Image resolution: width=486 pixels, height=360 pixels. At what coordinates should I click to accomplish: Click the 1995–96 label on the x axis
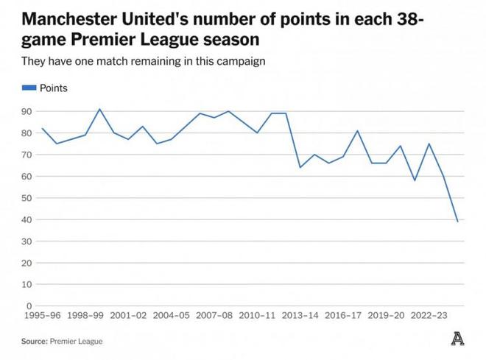coord(41,316)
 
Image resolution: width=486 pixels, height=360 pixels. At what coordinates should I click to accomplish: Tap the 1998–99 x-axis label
coord(85,316)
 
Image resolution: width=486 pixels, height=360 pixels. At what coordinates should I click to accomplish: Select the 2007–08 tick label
coord(214,316)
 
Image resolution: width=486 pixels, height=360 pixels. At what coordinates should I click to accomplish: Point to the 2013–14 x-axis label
coord(300,316)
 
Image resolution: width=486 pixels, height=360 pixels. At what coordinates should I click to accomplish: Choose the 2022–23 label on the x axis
coord(430,316)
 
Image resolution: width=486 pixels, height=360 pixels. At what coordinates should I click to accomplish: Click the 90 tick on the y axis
coord(27,111)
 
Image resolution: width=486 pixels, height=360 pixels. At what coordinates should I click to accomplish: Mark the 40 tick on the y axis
coord(27,219)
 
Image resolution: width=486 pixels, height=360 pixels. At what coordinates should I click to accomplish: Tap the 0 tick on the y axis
coord(29,306)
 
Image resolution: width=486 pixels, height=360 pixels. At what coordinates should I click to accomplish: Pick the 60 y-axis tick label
coord(27,176)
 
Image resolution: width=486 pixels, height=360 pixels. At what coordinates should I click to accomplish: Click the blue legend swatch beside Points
coord(29,88)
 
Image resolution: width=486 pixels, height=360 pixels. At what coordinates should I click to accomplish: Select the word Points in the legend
coord(53,88)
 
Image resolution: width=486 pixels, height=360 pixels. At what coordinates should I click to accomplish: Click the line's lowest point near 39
coord(458,222)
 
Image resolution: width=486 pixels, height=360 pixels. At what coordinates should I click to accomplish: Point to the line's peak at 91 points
coord(100,109)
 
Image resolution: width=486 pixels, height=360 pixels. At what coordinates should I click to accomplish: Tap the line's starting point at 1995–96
coord(42,129)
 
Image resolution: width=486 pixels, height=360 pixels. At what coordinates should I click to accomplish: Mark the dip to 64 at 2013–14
coord(300,167)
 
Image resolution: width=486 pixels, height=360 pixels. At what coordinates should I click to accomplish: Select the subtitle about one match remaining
coord(143,60)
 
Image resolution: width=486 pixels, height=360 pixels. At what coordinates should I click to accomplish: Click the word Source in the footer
coord(34,342)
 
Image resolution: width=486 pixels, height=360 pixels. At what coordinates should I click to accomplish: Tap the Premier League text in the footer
coord(77,342)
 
